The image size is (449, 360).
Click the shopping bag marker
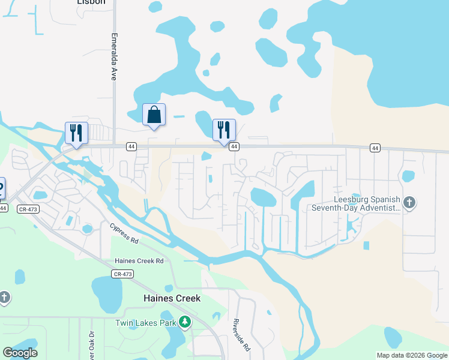[154, 115]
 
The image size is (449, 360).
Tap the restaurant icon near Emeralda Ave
[76, 133]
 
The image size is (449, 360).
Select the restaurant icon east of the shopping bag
[224, 130]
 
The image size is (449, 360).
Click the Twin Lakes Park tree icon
[185, 322]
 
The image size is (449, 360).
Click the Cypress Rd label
[124, 232]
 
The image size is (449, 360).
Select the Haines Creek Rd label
[139, 261]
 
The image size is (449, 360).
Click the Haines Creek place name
[172, 298]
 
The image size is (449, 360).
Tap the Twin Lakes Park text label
[146, 323]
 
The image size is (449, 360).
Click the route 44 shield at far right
[375, 148]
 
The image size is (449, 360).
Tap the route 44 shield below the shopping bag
[131, 146]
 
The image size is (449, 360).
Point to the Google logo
[20, 352]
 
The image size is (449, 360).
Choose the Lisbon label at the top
[91, 2]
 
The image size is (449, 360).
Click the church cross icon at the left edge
[4, 298]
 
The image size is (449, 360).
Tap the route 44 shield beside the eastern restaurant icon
[234, 146]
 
